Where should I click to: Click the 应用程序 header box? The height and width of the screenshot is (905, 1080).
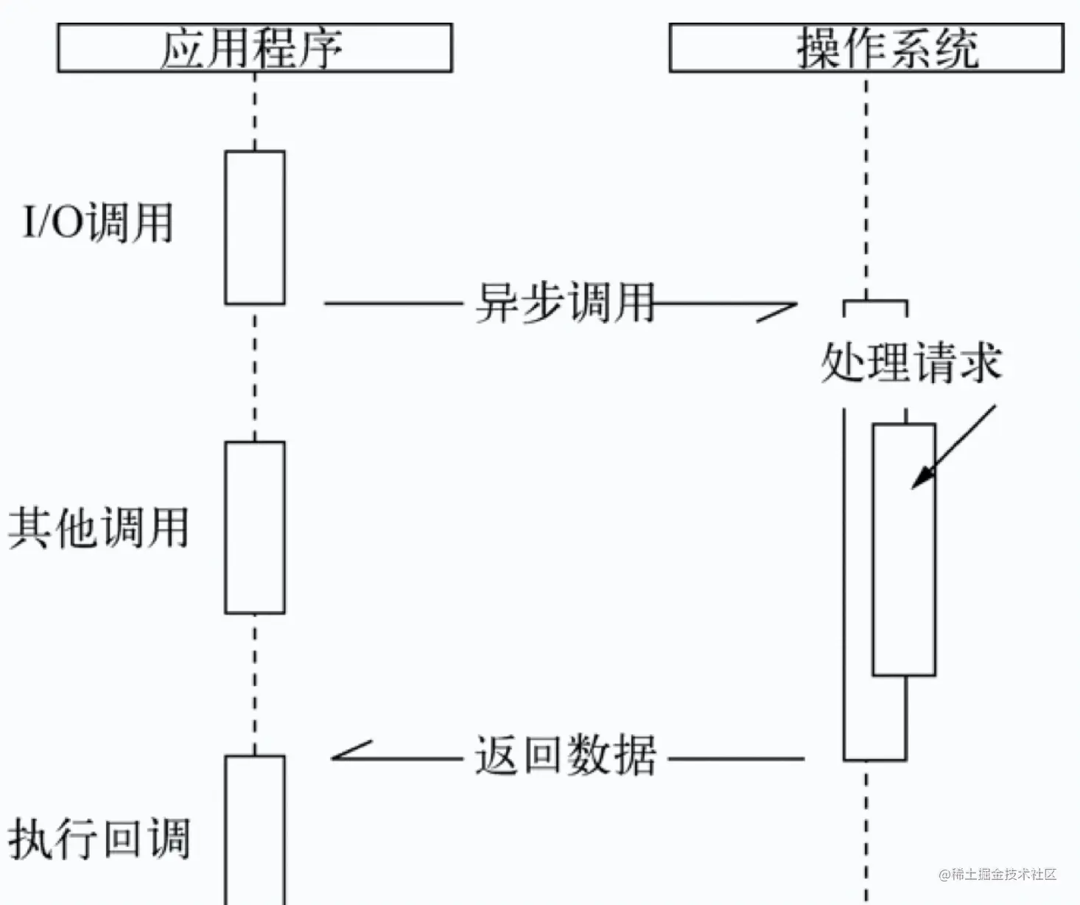[254, 48]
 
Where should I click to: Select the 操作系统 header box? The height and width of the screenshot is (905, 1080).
[866, 48]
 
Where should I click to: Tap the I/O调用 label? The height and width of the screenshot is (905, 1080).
[98, 222]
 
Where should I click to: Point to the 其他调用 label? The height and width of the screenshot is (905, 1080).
[98, 528]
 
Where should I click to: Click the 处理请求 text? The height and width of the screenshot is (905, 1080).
[911, 363]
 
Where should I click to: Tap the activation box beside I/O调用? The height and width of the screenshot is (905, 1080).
[255, 228]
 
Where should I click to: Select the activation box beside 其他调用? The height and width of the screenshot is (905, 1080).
[255, 528]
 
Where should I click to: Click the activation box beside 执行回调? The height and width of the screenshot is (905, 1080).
[255, 829]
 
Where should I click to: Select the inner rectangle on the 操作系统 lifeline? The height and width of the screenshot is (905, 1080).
[904, 550]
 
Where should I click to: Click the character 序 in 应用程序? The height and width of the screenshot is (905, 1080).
[321, 49]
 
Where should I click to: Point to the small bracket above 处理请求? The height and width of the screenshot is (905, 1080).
[875, 304]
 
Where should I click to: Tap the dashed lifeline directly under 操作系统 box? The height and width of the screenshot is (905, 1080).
[866, 184]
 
